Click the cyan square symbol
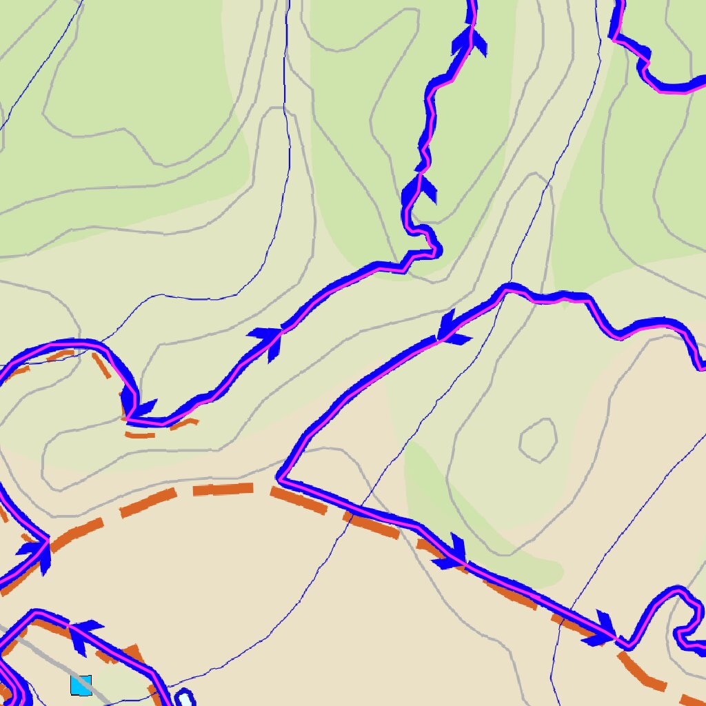[x=81, y=685]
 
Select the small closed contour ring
[x=538, y=441]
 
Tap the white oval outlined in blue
[x=185, y=698]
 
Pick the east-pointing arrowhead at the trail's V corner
[x=38, y=550]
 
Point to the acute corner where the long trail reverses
[x=279, y=477]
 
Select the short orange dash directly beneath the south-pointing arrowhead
[x=141, y=435]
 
